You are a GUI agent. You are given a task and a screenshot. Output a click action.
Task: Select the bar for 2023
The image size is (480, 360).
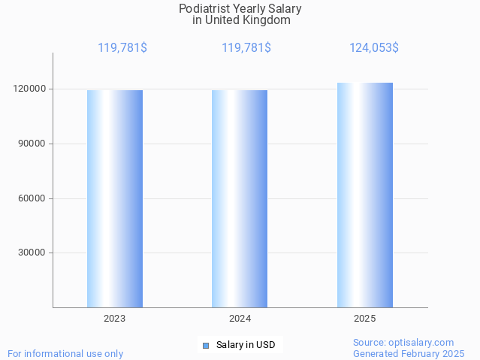pos(115,198)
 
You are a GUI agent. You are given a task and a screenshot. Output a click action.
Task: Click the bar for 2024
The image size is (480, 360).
pos(240,198)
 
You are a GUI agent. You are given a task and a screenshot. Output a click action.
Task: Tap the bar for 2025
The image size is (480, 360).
pos(365,195)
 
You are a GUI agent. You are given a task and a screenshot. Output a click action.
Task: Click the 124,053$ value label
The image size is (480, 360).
pos(373,48)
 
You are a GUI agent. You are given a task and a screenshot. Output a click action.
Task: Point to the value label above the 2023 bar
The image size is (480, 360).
pos(122,48)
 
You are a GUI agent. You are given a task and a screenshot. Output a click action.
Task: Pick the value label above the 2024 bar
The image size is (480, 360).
pos(246,48)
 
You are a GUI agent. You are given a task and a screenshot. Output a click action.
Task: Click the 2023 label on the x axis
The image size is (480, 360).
pos(115,319)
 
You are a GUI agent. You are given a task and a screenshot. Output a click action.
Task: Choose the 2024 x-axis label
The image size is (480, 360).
pos(240,319)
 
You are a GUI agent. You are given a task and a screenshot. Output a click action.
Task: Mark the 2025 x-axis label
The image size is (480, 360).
pos(365,319)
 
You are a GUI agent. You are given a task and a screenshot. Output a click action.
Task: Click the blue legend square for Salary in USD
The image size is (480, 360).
pos(206,346)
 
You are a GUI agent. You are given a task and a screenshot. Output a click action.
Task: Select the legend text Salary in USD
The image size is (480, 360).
pos(246,346)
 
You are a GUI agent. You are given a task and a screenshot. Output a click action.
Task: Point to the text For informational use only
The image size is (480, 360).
pos(65,353)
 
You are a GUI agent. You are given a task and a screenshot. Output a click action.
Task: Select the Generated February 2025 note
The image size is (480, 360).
pos(409,353)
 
